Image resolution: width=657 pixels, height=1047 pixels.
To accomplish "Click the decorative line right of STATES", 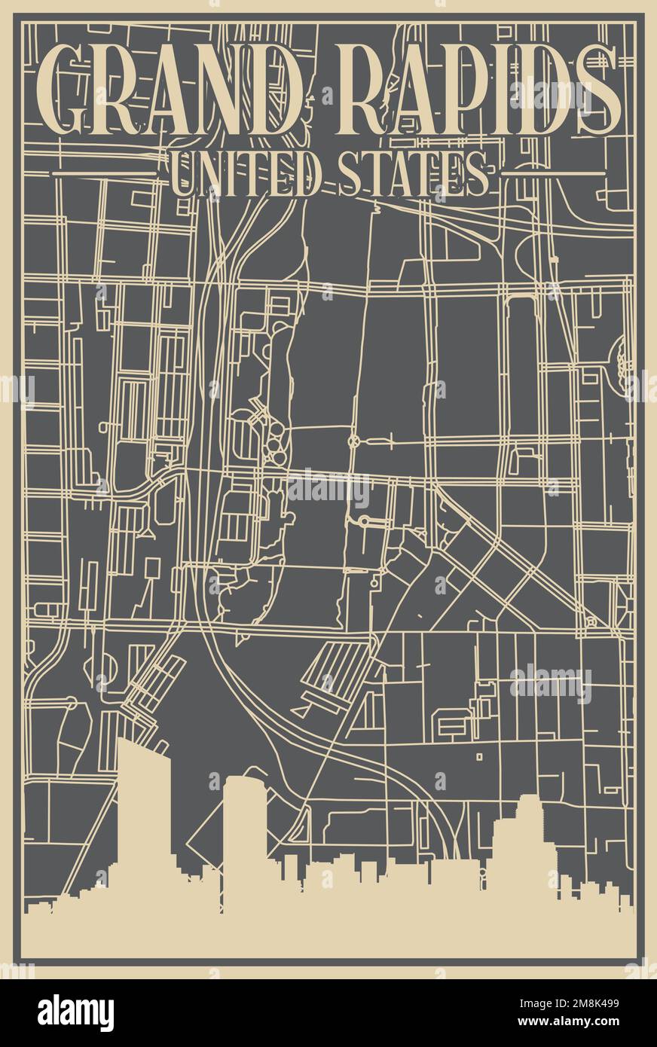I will (552, 173).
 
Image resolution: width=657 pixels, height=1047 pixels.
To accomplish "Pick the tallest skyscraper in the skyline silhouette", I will (143, 813).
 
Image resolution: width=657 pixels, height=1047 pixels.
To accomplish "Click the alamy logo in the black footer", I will (75, 1013).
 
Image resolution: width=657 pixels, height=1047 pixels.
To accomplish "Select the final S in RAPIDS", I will (597, 89).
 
